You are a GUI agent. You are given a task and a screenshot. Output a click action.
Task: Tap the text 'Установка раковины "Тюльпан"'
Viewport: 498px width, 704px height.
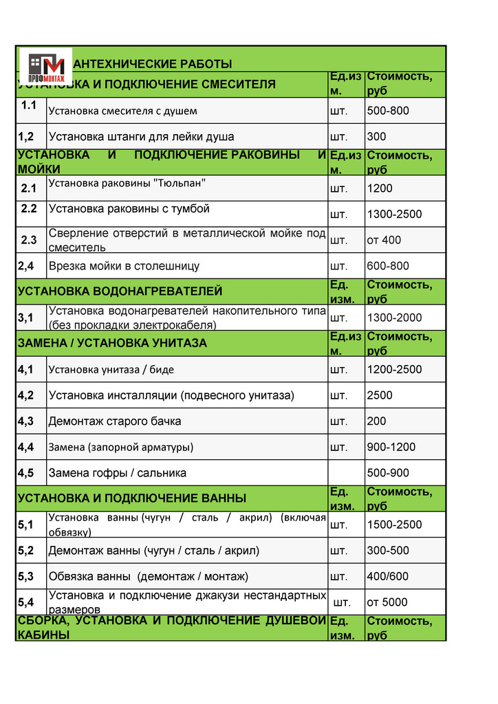[x=127, y=184]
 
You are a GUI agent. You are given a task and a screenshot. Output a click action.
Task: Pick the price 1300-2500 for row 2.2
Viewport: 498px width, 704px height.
[x=394, y=214]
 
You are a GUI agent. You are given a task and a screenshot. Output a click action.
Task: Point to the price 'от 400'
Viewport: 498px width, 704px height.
[x=384, y=240]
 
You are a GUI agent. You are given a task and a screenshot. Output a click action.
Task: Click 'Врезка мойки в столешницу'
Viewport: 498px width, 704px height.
[x=124, y=266]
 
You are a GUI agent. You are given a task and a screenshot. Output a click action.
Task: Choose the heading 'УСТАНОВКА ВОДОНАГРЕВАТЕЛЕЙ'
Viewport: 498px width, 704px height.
[x=120, y=291]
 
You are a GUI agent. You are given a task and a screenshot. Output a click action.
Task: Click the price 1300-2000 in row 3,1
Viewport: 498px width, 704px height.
[x=394, y=318]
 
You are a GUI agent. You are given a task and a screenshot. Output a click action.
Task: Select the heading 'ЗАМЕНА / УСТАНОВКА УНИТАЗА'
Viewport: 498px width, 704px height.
[x=112, y=343]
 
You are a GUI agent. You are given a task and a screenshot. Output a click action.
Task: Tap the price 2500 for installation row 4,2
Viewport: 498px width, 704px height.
[x=380, y=395]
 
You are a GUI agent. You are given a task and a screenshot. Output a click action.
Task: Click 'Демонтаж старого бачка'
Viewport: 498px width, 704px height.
[x=115, y=421]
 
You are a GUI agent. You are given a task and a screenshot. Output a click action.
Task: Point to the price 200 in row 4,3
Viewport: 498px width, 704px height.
[x=377, y=421]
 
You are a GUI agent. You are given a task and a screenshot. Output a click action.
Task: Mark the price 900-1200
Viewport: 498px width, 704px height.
[x=391, y=447]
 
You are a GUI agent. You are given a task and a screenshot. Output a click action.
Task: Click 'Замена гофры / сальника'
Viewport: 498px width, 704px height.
[x=118, y=473]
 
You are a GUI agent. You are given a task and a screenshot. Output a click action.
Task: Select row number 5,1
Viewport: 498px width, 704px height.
[x=26, y=525]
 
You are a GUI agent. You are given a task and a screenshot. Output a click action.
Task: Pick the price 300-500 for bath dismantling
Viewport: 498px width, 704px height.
[x=388, y=551]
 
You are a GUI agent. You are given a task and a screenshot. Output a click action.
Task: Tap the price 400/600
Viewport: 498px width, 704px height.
[x=388, y=576]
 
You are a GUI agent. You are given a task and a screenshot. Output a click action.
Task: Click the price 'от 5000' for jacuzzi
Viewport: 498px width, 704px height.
[x=387, y=602]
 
